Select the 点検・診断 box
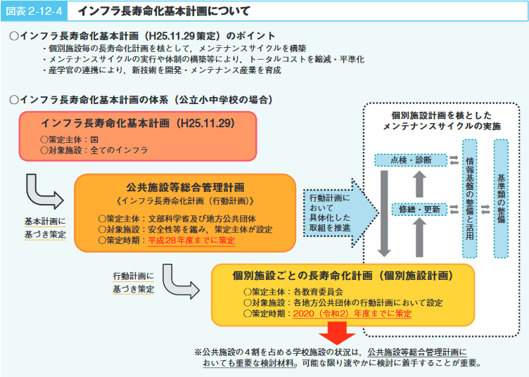pos(410,160)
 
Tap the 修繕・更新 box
pos(419,209)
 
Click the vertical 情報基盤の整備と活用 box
pos(469,199)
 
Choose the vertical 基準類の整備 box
pos(500,198)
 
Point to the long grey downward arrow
pos(384,211)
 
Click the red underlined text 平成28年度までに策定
pos(191,239)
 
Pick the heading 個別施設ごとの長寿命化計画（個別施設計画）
pos(343,275)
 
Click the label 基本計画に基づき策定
pos(45,227)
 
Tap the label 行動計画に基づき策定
pos(133,282)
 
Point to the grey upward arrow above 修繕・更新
pos(420,184)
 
